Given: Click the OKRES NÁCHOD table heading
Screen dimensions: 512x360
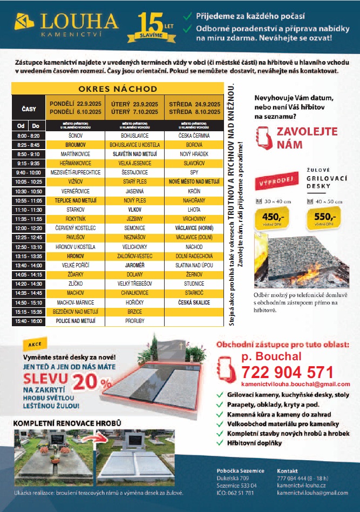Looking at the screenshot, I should pyautogui.click(x=117, y=89).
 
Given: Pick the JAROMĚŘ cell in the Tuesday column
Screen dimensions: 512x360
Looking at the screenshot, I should pyautogui.click(x=134, y=266).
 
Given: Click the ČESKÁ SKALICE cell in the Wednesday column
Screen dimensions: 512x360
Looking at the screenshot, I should pyautogui.click(x=194, y=303).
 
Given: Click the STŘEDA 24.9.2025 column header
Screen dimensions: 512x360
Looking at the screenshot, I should pyautogui.click(x=194, y=104).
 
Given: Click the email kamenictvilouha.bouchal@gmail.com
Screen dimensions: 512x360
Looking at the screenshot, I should pyautogui.click(x=288, y=384).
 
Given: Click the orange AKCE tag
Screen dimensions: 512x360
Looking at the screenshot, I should pyautogui.click(x=35, y=343).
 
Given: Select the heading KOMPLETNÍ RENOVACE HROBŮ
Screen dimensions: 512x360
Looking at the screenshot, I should pyautogui.click(x=67, y=423).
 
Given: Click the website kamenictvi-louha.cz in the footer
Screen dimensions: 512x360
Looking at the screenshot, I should pyautogui.click(x=300, y=486).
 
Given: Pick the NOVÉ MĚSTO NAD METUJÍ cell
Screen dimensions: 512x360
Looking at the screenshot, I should pyautogui.click(x=194, y=183).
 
